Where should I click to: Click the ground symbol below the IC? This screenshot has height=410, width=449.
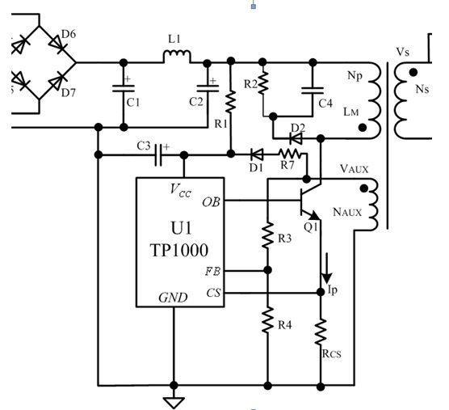174,402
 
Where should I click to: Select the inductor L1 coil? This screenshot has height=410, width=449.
177,55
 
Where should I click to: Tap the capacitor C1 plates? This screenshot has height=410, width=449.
124,89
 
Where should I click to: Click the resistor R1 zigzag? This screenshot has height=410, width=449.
230,101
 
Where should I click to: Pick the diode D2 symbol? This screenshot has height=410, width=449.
296,139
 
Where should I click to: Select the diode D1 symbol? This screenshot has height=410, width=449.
257,154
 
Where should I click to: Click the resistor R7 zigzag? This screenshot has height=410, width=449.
290,154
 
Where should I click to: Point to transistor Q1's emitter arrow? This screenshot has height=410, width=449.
314,215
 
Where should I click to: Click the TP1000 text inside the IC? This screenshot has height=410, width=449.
179,251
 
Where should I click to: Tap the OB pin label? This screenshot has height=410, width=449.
211,202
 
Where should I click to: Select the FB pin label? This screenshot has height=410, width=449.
212,271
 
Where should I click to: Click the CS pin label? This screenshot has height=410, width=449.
214,293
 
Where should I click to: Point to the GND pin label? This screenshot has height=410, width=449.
174,298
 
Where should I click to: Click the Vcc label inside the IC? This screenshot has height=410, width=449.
180,191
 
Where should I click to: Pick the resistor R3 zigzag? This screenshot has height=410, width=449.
267,235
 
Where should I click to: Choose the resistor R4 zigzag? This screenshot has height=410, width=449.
267,320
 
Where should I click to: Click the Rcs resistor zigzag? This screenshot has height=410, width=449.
321,332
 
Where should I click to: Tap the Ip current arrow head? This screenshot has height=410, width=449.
326,279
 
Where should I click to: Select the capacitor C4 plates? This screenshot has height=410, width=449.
313,91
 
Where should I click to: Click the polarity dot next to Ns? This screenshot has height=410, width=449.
413,73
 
